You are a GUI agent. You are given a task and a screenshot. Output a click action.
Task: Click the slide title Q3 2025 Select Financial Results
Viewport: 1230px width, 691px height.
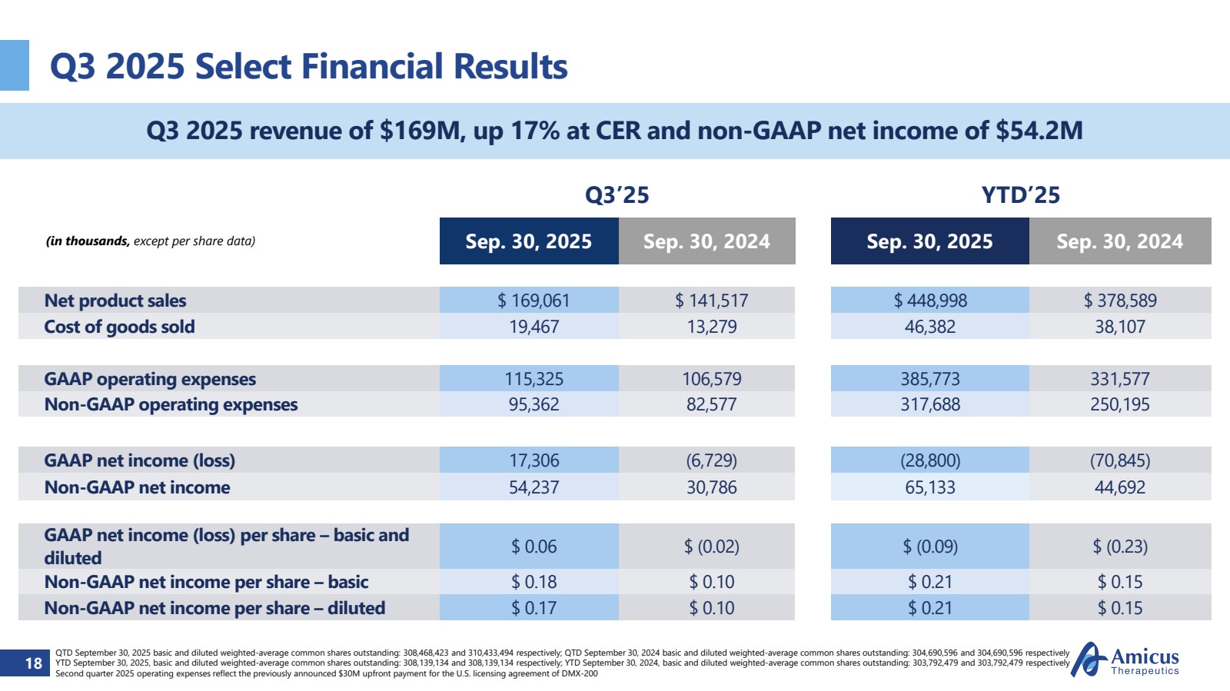(x=308, y=66)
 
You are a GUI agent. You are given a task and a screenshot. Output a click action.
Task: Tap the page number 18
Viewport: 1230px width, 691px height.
(x=33, y=663)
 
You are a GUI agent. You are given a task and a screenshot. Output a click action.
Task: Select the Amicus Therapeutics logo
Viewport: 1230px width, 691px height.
(x=1125, y=659)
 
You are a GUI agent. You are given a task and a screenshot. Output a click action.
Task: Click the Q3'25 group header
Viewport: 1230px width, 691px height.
(x=617, y=195)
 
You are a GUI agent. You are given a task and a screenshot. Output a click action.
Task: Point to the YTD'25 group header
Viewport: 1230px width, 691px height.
(x=1020, y=195)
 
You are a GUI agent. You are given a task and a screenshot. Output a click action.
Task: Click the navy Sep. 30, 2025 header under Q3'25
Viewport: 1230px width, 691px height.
(x=529, y=241)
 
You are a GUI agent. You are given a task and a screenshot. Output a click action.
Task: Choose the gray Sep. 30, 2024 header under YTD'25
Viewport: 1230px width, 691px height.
(x=1119, y=241)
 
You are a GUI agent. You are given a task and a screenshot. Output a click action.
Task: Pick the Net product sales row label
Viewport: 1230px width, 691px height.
(x=115, y=301)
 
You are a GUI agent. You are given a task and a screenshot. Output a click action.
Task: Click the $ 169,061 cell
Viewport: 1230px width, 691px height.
(x=534, y=301)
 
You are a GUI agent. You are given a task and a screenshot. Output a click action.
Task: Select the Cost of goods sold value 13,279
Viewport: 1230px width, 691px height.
(x=711, y=327)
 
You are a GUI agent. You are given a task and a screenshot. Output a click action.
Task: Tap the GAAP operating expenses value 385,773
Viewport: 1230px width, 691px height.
(x=929, y=379)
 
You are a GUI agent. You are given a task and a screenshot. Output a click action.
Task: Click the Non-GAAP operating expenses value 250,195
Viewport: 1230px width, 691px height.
(x=1119, y=404)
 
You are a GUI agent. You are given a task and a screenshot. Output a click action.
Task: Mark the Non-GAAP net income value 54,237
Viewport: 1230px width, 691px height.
(x=534, y=487)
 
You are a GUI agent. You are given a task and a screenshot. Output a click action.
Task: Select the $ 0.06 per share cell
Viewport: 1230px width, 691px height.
(x=534, y=546)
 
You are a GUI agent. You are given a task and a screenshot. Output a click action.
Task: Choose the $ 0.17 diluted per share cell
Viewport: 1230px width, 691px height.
(x=534, y=608)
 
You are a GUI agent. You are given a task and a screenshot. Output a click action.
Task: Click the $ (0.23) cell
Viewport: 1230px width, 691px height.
(x=1119, y=546)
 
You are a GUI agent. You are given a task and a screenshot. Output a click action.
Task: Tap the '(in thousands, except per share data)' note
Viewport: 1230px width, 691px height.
(x=151, y=241)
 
